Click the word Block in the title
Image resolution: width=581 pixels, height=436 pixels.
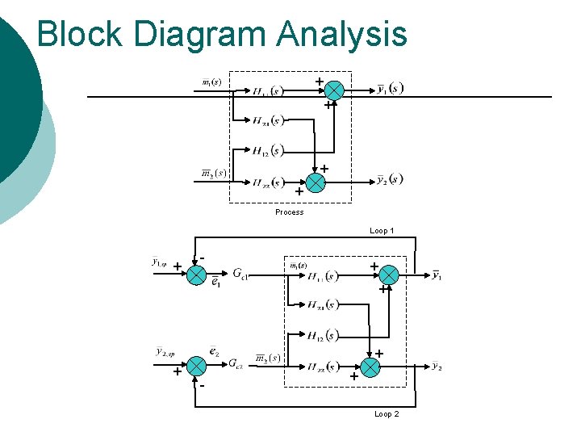80,34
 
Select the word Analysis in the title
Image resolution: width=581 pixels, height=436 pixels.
342,34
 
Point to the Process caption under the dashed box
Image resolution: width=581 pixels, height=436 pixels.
289,212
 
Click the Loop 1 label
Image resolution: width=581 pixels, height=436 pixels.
382,231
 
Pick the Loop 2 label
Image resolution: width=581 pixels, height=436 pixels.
387,414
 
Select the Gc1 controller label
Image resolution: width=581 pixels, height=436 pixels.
240,274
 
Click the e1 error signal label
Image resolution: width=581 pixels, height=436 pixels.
215,283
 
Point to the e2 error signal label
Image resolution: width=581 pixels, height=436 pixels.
215,352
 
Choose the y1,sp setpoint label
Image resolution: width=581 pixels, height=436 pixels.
159,262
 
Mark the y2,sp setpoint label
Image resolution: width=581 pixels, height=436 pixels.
165,352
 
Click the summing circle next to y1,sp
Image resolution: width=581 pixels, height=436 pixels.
195,275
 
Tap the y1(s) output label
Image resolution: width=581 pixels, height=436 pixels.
391,89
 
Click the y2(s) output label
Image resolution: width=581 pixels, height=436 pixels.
390,179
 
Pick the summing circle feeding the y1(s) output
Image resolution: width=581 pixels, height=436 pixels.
334,90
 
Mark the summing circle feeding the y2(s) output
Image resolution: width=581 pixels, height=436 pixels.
316,182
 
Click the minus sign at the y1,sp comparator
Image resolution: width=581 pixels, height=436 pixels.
203,258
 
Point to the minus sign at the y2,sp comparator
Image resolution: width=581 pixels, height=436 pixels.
202,386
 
